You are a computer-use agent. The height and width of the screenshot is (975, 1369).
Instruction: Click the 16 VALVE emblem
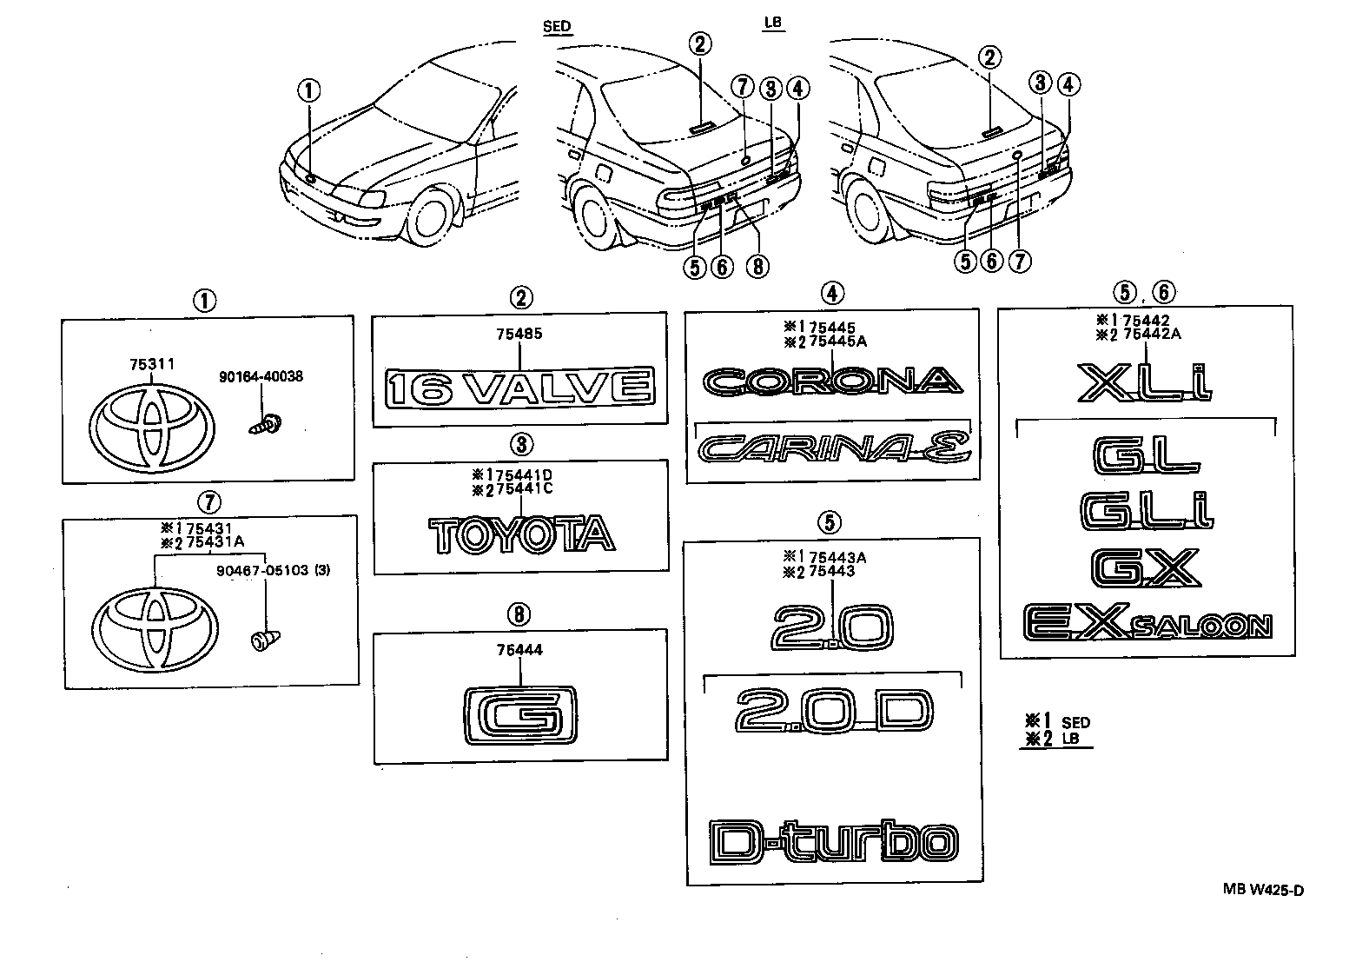click(x=519, y=387)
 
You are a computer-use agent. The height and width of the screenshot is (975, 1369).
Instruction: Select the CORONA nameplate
click(x=832, y=381)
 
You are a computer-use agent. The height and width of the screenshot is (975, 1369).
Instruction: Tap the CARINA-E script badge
click(x=833, y=448)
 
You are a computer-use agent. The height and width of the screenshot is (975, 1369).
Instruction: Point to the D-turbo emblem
click(x=833, y=841)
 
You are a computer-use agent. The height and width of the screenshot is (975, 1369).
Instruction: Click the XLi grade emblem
click(x=1145, y=382)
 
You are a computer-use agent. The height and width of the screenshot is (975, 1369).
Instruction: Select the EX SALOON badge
click(x=1147, y=623)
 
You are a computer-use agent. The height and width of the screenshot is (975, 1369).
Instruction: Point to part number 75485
click(x=519, y=334)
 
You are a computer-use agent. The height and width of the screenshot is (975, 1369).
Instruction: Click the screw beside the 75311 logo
click(x=266, y=426)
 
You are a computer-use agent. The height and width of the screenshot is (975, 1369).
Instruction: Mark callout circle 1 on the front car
click(x=309, y=90)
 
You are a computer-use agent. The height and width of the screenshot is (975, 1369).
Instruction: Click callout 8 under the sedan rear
click(x=757, y=264)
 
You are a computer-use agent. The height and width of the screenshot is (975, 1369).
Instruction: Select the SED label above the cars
click(x=557, y=26)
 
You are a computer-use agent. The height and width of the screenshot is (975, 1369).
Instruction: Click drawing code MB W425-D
click(x=1263, y=889)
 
